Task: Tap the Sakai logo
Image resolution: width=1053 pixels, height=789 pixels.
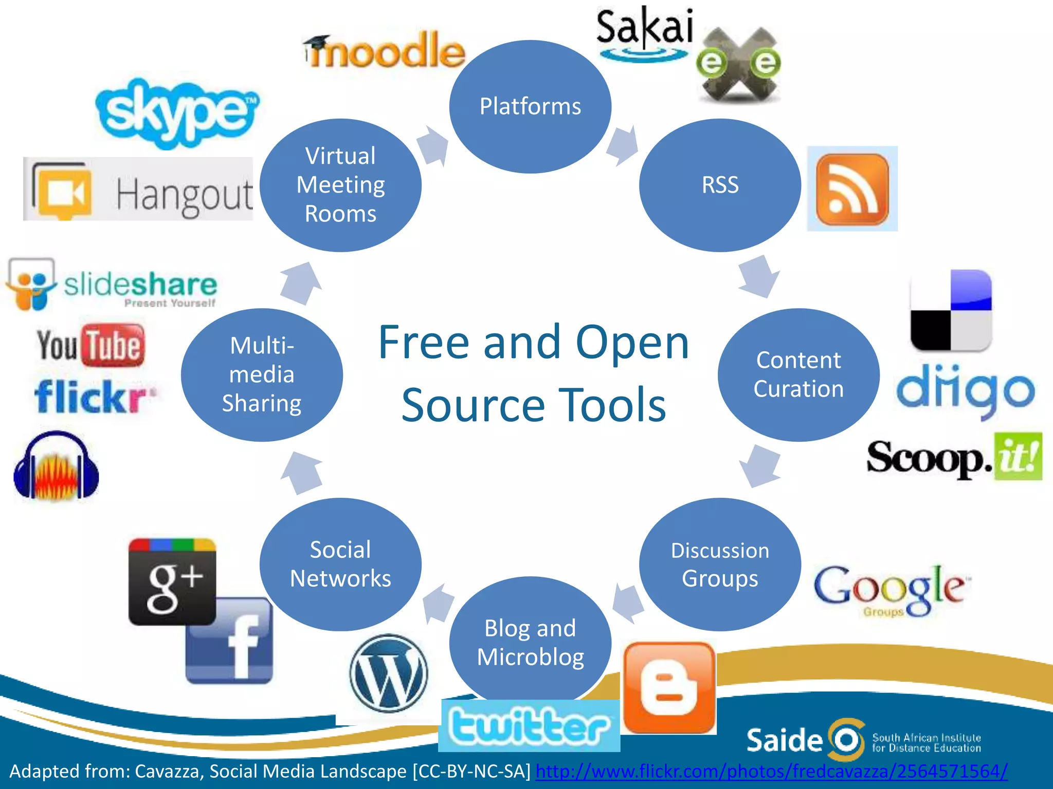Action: pos(644,34)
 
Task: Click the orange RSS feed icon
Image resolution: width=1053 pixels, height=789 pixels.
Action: pos(852,189)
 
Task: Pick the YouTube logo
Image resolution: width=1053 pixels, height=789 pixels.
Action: pos(90,345)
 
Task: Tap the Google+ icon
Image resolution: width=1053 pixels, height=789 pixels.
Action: pos(172,581)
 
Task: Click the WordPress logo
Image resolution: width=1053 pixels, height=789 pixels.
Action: pos(389,673)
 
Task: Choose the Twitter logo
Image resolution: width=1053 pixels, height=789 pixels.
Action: pos(529,726)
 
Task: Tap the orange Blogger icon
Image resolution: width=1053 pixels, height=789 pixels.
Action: pos(669,687)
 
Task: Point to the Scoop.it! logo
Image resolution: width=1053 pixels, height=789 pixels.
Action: pos(954,457)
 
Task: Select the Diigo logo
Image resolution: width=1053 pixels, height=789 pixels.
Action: pos(965,390)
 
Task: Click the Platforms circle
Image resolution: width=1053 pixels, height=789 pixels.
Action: pos(530,106)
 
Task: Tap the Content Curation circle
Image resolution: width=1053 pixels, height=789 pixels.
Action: pos(798,374)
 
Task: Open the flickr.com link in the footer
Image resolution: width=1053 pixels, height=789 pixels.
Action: pos(771,771)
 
